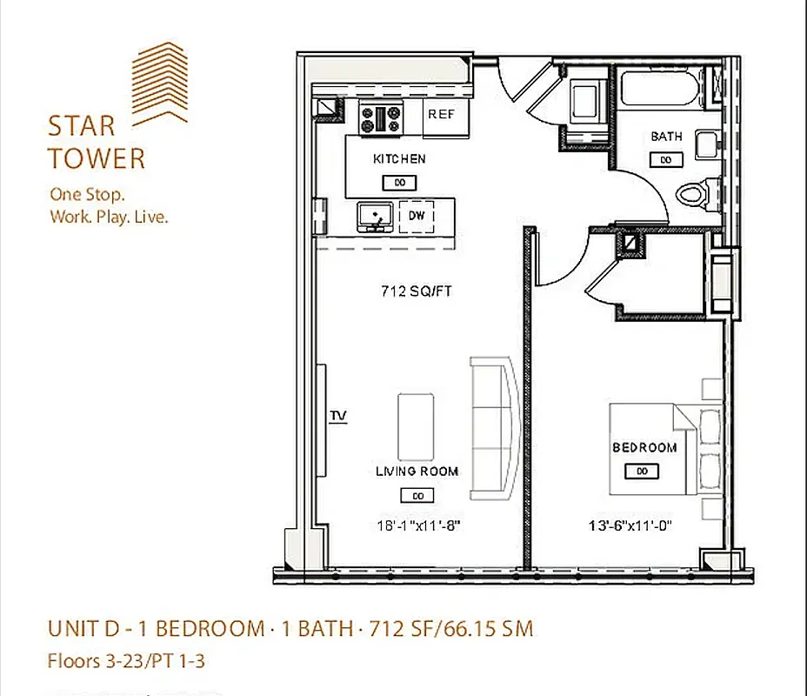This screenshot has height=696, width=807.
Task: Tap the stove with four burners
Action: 382,118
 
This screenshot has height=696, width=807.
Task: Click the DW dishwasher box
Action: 417,216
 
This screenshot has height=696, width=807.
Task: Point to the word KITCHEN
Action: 399,159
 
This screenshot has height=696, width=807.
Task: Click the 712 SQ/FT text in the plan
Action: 417,291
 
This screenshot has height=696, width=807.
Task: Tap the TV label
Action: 337,417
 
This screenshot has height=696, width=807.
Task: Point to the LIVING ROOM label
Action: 417,472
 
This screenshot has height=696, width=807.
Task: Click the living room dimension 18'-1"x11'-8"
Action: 417,525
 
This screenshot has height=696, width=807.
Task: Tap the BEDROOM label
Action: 644,448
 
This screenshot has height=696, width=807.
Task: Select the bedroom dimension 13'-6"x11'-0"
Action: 631,525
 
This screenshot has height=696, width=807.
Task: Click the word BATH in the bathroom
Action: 666,137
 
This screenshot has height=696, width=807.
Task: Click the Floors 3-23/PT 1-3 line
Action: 126,661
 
